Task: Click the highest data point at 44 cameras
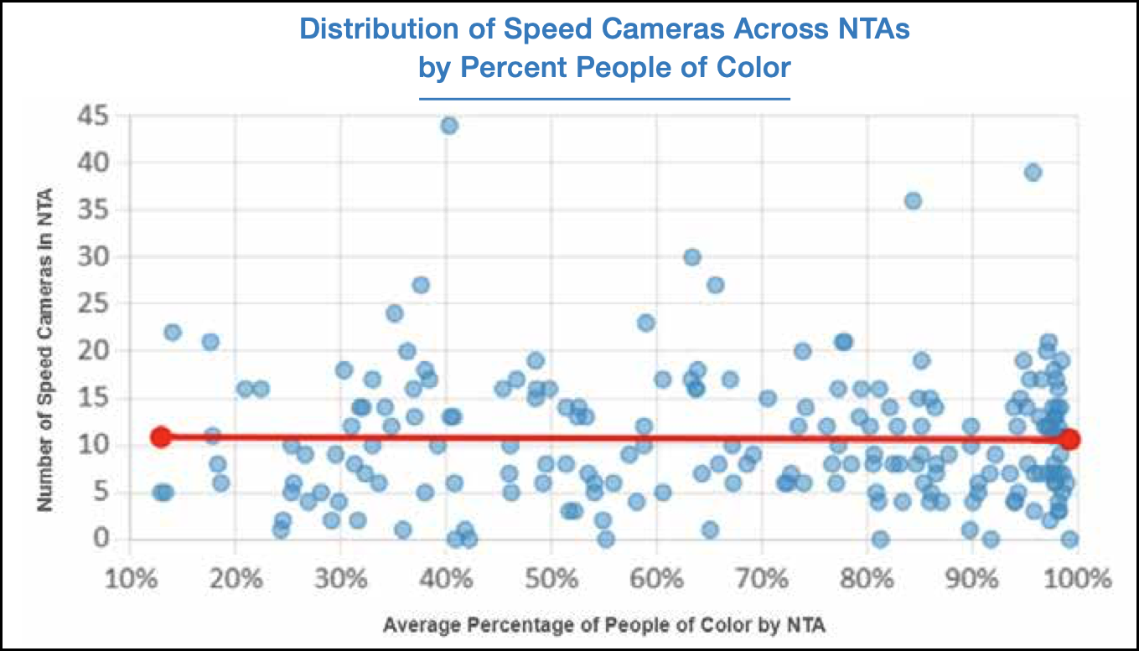point(449,126)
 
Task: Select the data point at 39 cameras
point(1033,172)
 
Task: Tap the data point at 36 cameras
point(913,201)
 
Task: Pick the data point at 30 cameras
point(691,257)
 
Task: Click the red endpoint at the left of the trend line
point(161,437)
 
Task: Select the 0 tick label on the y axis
point(101,538)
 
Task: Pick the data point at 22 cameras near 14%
point(173,333)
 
